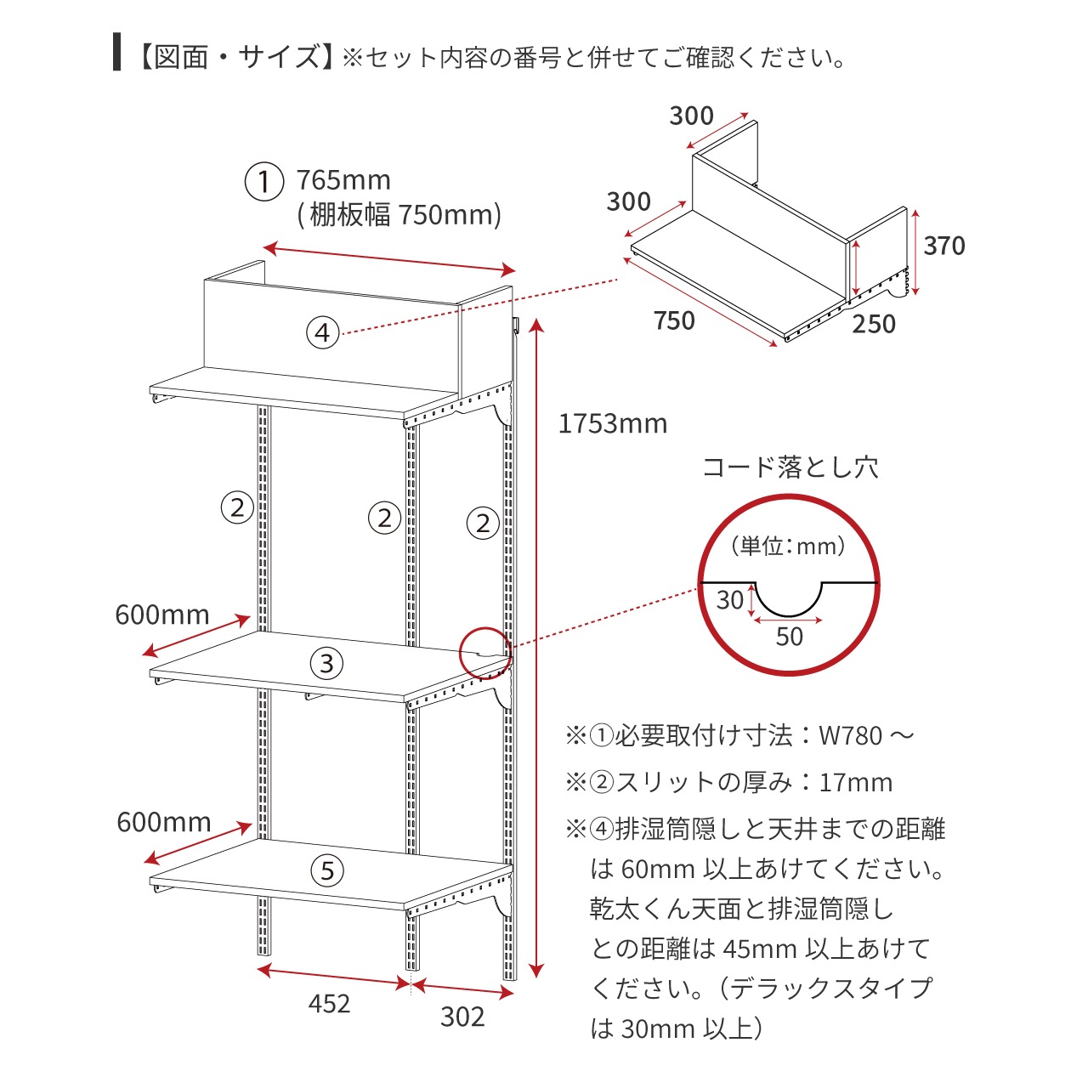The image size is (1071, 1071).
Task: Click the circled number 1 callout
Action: click(264, 181)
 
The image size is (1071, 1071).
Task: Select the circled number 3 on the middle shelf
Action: click(326, 663)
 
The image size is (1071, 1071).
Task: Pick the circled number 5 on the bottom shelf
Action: click(327, 871)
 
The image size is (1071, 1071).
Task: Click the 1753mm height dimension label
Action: click(613, 424)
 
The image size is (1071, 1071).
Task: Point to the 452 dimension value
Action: click(329, 1004)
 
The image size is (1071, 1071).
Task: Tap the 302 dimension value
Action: click(462, 1017)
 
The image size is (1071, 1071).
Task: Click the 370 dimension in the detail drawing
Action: click(944, 246)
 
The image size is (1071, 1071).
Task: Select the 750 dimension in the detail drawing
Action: click(674, 320)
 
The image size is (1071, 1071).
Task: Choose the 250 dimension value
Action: click(874, 324)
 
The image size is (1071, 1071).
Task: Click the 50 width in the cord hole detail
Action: click(789, 637)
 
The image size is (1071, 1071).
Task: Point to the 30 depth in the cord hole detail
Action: click(730, 600)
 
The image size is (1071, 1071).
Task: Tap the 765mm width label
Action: click(343, 180)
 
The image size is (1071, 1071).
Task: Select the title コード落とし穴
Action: click(790, 468)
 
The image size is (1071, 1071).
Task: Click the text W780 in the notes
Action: click(851, 736)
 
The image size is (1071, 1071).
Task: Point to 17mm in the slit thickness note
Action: click(856, 783)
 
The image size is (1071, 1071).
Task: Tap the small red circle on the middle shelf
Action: click(485, 654)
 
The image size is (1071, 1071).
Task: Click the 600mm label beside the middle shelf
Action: click(162, 615)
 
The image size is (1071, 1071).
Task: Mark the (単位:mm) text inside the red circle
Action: click(789, 547)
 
